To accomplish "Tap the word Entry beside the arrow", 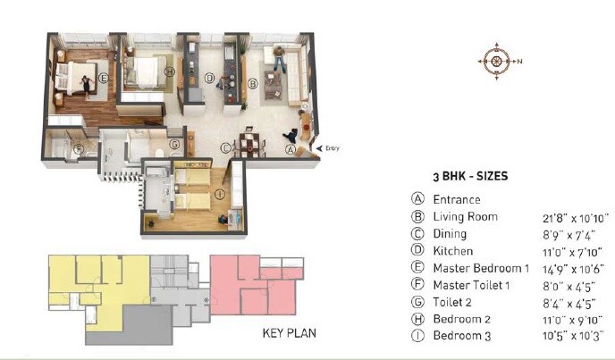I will click(x=333, y=148).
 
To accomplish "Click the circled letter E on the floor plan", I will click(x=104, y=78).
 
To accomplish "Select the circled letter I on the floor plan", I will click(x=220, y=194).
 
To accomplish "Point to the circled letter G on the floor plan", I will click(x=175, y=143).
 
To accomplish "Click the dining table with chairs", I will click(x=251, y=143).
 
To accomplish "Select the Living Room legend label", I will click(x=465, y=217).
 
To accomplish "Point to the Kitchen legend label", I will click(x=453, y=251).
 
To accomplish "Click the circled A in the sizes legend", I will click(x=417, y=200).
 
